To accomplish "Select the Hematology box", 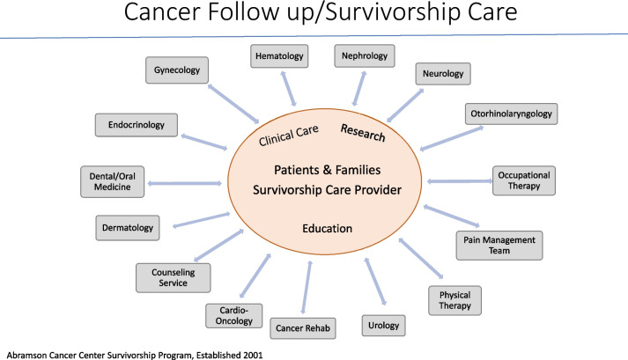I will (278, 57).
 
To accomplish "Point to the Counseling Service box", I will (174, 277).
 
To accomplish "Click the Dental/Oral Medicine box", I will (113, 181).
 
